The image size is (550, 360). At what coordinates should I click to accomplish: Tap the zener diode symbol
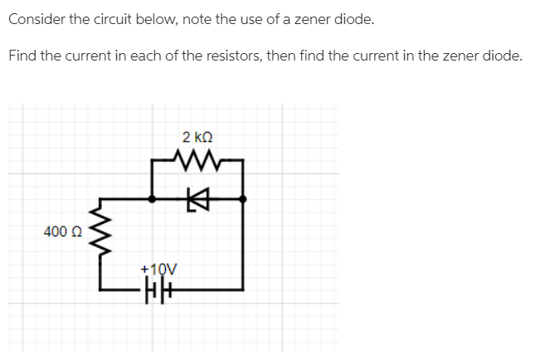point(197,199)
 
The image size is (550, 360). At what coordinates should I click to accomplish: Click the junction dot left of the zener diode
point(152,199)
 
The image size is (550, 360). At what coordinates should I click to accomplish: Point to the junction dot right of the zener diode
point(242,199)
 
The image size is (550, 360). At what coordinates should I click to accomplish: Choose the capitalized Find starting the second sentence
point(22,56)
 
